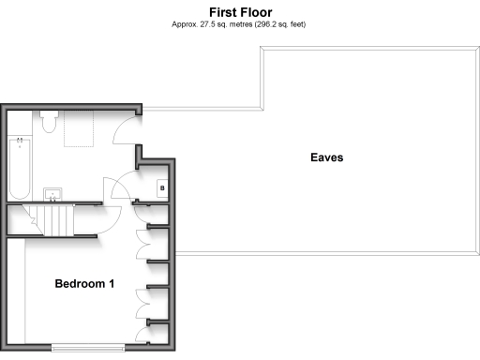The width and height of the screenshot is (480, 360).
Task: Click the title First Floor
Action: coord(241,12)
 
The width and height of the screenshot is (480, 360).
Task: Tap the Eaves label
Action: coord(327,157)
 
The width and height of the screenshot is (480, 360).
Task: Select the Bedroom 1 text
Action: coord(84,283)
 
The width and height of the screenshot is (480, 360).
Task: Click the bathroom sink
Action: coord(53,195)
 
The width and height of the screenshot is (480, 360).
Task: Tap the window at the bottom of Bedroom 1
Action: coord(87,348)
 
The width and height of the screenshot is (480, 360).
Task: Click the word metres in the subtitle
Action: coord(231,24)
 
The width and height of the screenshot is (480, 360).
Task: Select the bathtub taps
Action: coord(20,143)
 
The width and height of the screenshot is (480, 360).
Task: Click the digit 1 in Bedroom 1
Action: coord(112,283)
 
